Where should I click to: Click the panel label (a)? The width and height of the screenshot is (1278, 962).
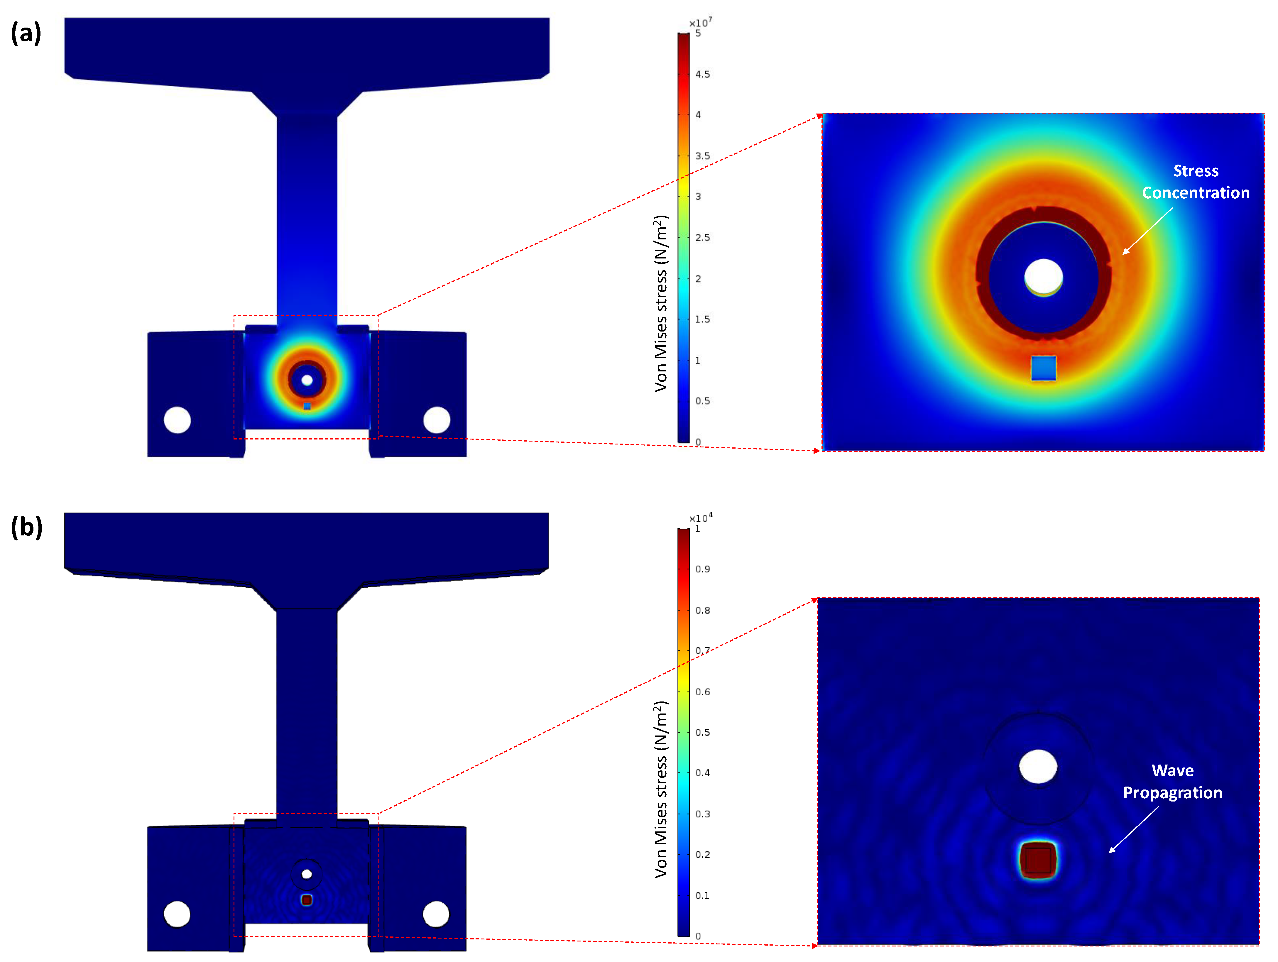click(x=26, y=33)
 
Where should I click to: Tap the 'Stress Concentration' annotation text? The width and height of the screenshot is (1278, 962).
click(x=1195, y=181)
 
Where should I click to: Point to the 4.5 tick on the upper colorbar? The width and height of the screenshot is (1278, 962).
click(x=702, y=74)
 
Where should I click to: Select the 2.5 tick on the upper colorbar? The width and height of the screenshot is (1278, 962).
click(x=702, y=237)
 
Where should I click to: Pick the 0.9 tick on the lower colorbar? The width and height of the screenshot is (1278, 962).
click(x=702, y=569)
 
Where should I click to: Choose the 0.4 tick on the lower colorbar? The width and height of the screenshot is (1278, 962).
click(x=702, y=773)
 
